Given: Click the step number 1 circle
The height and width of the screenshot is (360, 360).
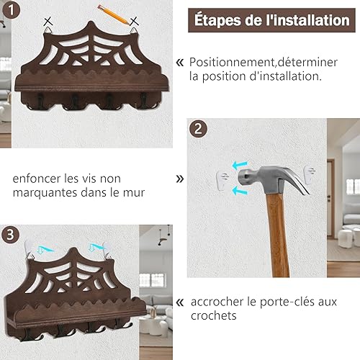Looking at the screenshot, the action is click(x=11, y=10).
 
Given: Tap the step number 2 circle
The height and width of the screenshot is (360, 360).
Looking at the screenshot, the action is click(x=198, y=129).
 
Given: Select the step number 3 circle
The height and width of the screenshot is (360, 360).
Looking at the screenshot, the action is click(x=10, y=235).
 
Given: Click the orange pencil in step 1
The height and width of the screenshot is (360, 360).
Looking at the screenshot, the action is click(x=113, y=14).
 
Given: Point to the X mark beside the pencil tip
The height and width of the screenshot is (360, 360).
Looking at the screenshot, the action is click(x=134, y=21).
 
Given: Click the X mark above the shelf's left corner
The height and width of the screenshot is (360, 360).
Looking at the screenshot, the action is click(x=48, y=22).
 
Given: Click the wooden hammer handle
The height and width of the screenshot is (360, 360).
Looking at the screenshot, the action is click(x=279, y=235).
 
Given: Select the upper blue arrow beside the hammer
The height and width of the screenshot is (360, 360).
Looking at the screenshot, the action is click(x=240, y=165).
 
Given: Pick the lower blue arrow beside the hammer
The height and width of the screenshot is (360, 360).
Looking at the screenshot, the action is click(x=240, y=190).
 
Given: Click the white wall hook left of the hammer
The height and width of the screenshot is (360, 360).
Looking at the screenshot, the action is click(x=223, y=181).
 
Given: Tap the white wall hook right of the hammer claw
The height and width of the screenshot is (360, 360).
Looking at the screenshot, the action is click(x=310, y=175).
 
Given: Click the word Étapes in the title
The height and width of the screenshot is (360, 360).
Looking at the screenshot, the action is click(x=217, y=20).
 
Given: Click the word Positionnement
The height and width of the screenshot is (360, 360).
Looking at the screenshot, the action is click(x=232, y=63).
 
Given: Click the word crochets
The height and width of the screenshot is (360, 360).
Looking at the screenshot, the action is click(x=214, y=315).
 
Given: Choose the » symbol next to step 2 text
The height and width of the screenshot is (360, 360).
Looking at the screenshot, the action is click(x=180, y=179).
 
